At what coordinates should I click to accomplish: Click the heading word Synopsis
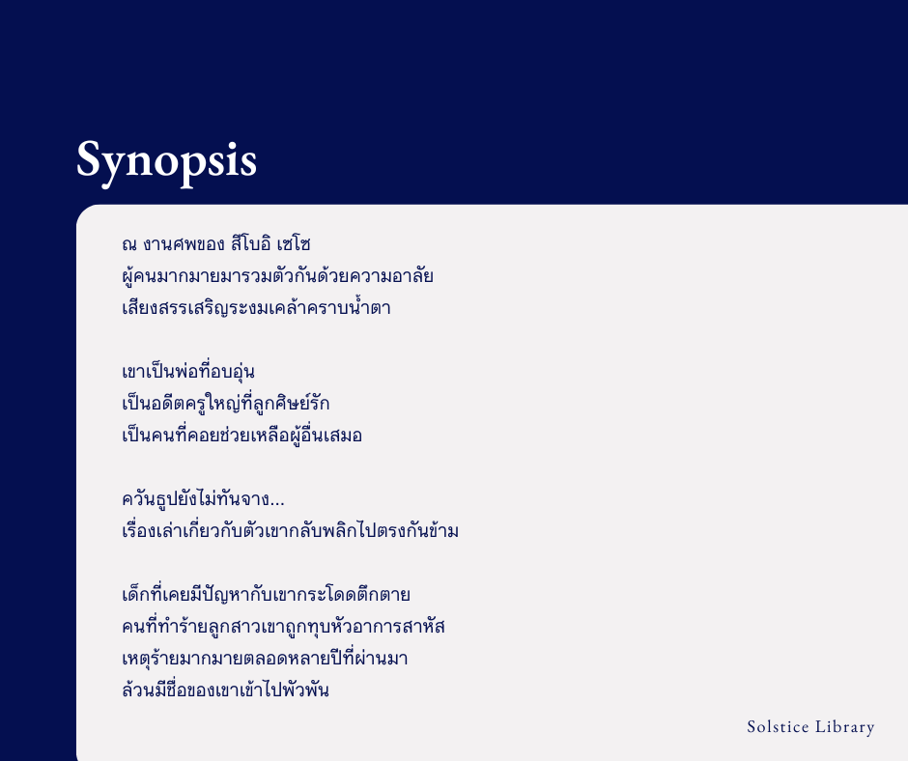(166, 159)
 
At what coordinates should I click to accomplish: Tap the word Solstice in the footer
(779, 727)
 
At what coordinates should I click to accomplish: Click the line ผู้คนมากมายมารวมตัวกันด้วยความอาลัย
(278, 276)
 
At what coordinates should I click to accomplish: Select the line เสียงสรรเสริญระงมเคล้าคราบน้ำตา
(257, 309)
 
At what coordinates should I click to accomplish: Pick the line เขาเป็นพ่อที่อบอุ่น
(188, 372)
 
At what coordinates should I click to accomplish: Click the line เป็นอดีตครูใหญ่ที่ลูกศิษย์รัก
(226, 404)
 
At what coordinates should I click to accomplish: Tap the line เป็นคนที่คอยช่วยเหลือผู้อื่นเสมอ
(242, 436)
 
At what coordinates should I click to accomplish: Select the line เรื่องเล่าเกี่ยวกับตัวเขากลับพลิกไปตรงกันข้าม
(290, 531)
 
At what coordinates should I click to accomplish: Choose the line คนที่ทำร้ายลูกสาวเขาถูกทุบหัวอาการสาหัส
(284, 627)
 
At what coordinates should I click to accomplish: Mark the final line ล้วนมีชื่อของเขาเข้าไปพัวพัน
(226, 691)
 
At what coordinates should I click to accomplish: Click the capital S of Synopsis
(90, 159)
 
